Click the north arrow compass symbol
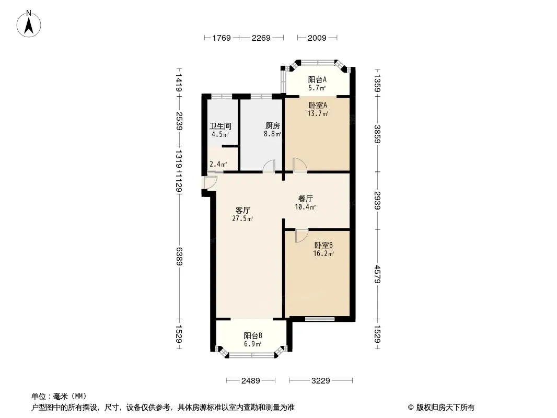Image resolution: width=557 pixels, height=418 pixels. tap(29, 24)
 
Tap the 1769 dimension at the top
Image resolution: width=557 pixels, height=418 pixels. tap(222, 38)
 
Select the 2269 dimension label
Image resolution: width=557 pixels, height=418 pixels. tap(261, 38)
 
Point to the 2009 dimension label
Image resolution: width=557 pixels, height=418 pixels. tap(317, 38)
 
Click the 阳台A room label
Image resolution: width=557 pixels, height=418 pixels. tap(317, 79)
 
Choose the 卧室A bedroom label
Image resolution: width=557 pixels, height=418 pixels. tap(318, 105)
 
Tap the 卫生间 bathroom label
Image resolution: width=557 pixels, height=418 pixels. tap(221, 126)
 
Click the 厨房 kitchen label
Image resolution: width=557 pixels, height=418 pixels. tap(272, 126)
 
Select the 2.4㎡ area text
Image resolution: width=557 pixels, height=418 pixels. tap(218, 164)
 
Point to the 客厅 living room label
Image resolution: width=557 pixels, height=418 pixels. tap(242, 210)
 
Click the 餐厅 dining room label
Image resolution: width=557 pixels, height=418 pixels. tap(306, 199)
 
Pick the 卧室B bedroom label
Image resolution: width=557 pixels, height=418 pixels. tap(323, 245)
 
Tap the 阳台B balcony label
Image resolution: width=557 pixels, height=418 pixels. tap(253, 335)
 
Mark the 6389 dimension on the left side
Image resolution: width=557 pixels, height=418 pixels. tap(179, 257)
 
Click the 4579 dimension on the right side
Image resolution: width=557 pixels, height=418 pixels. tap(377, 274)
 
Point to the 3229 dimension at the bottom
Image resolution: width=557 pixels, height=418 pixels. tap(321, 381)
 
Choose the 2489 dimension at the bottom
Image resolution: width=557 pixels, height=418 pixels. tap(251, 381)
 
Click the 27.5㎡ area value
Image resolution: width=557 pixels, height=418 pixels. tap(242, 219)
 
